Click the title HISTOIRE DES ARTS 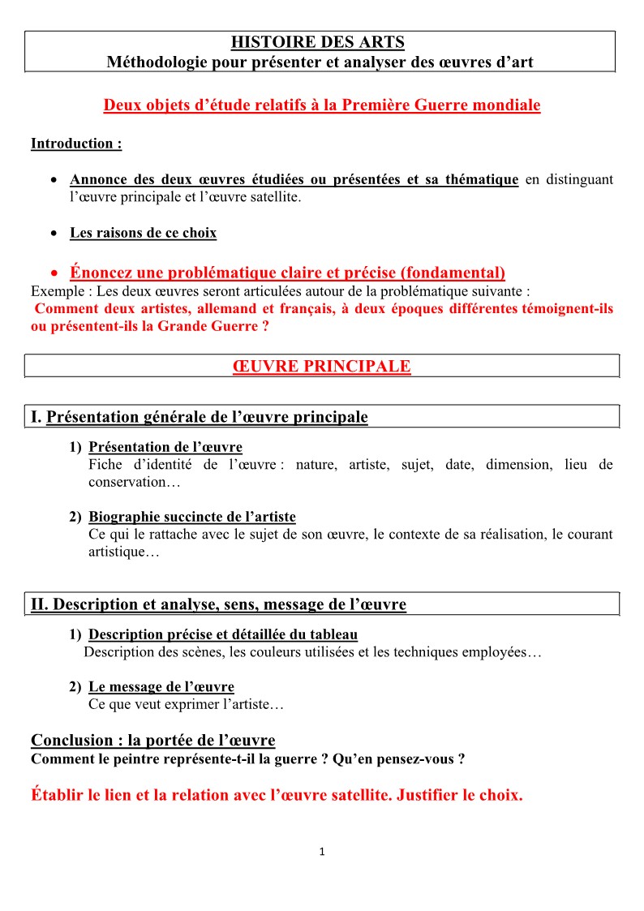[x=317, y=42]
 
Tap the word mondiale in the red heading [x=504, y=105]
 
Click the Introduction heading [x=76, y=144]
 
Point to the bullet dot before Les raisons [x=53, y=234]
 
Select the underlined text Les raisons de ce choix [x=144, y=233]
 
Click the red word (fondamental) [x=453, y=273]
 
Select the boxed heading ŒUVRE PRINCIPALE [x=321, y=367]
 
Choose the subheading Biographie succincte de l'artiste [x=192, y=517]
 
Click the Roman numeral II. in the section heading [x=40, y=604]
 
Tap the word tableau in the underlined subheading [x=333, y=634]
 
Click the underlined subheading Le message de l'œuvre [x=161, y=687]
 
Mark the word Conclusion [x=71, y=740]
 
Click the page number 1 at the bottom [x=322, y=852]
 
